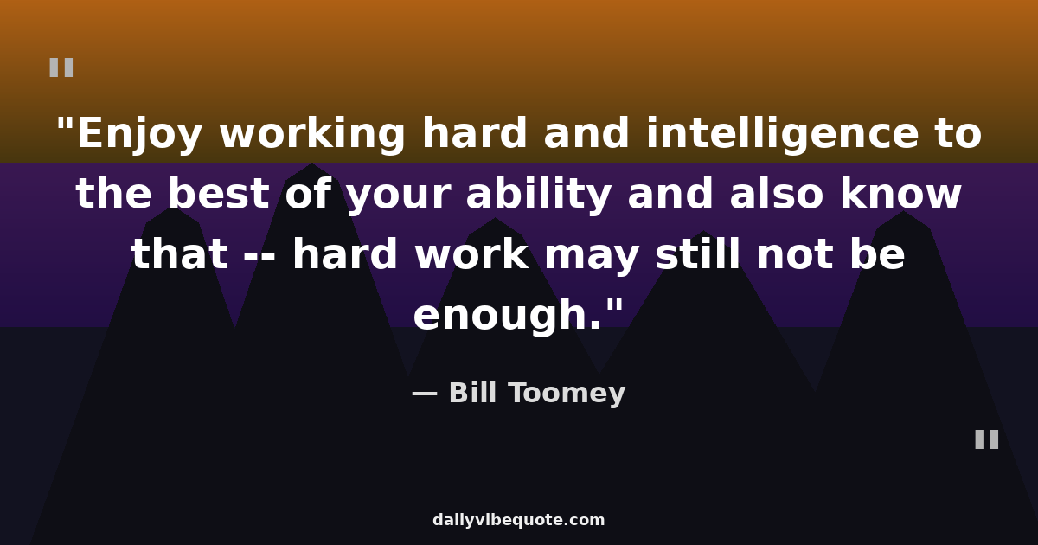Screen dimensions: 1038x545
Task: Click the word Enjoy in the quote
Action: [139, 134]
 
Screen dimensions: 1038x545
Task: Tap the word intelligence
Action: [782, 134]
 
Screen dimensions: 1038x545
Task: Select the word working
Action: [312, 134]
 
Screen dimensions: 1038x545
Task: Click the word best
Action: [218, 194]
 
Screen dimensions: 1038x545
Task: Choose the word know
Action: [900, 194]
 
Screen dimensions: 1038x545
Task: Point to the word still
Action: [698, 254]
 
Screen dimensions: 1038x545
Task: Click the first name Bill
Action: [472, 393]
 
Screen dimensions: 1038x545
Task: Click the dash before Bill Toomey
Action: [425, 394]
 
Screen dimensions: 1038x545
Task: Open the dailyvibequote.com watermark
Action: [518, 520]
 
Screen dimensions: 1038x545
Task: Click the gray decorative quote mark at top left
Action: [61, 67]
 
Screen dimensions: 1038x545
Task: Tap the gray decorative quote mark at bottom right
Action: [987, 439]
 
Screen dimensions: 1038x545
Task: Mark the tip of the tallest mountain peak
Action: [312, 163]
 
